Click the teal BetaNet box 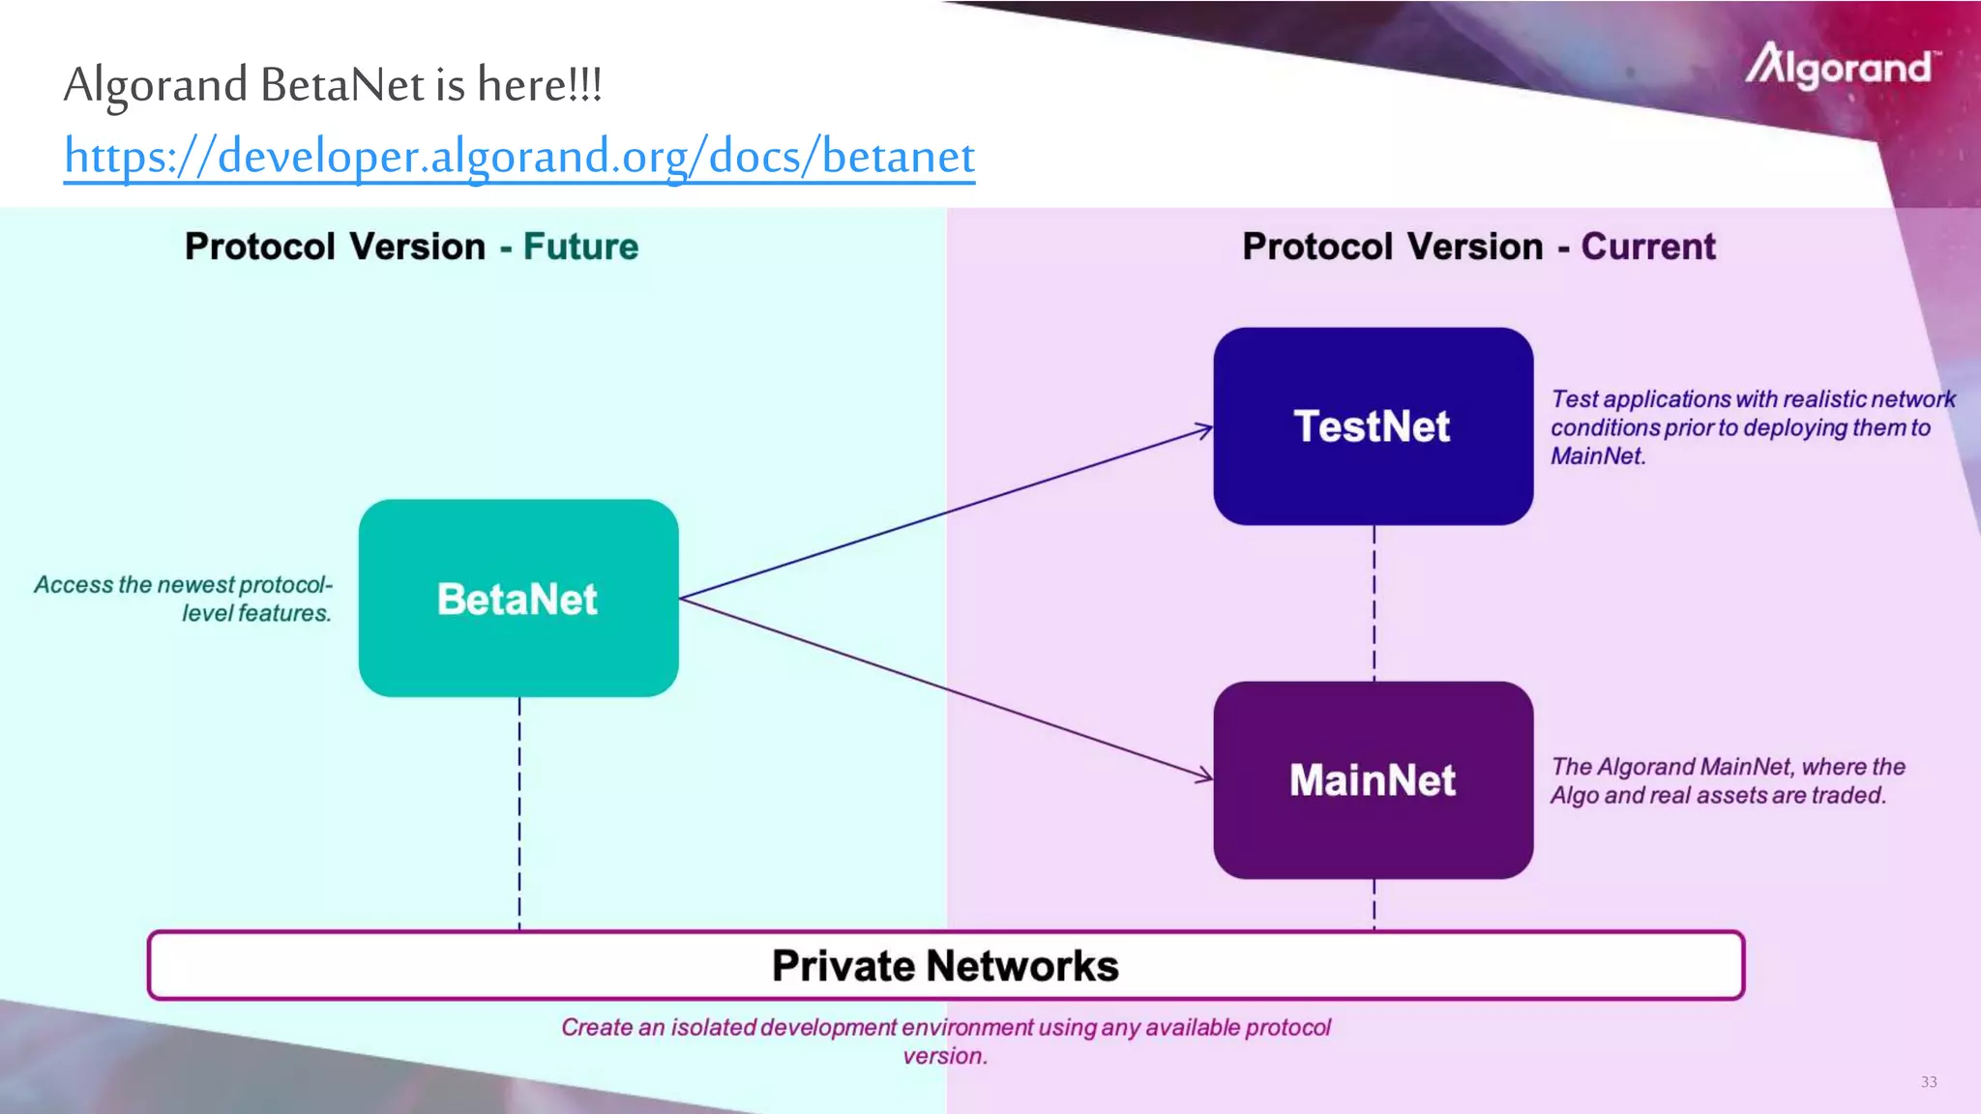[518, 598]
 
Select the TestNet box [1373, 426]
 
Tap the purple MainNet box [1373, 779]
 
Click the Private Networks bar [945, 965]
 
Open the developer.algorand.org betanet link [519, 157]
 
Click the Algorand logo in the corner [1841, 67]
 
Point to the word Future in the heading [580, 247]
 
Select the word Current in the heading [1648, 247]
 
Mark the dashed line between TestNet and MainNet [1375, 603]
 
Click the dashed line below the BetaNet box [519, 812]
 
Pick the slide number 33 [1929, 1082]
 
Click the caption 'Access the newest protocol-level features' [184, 599]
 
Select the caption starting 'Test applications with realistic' [1752, 427]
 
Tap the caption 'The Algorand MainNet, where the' [1728, 780]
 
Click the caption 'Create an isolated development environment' [945, 1041]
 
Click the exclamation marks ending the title [585, 85]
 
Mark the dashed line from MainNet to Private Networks [1375, 905]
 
